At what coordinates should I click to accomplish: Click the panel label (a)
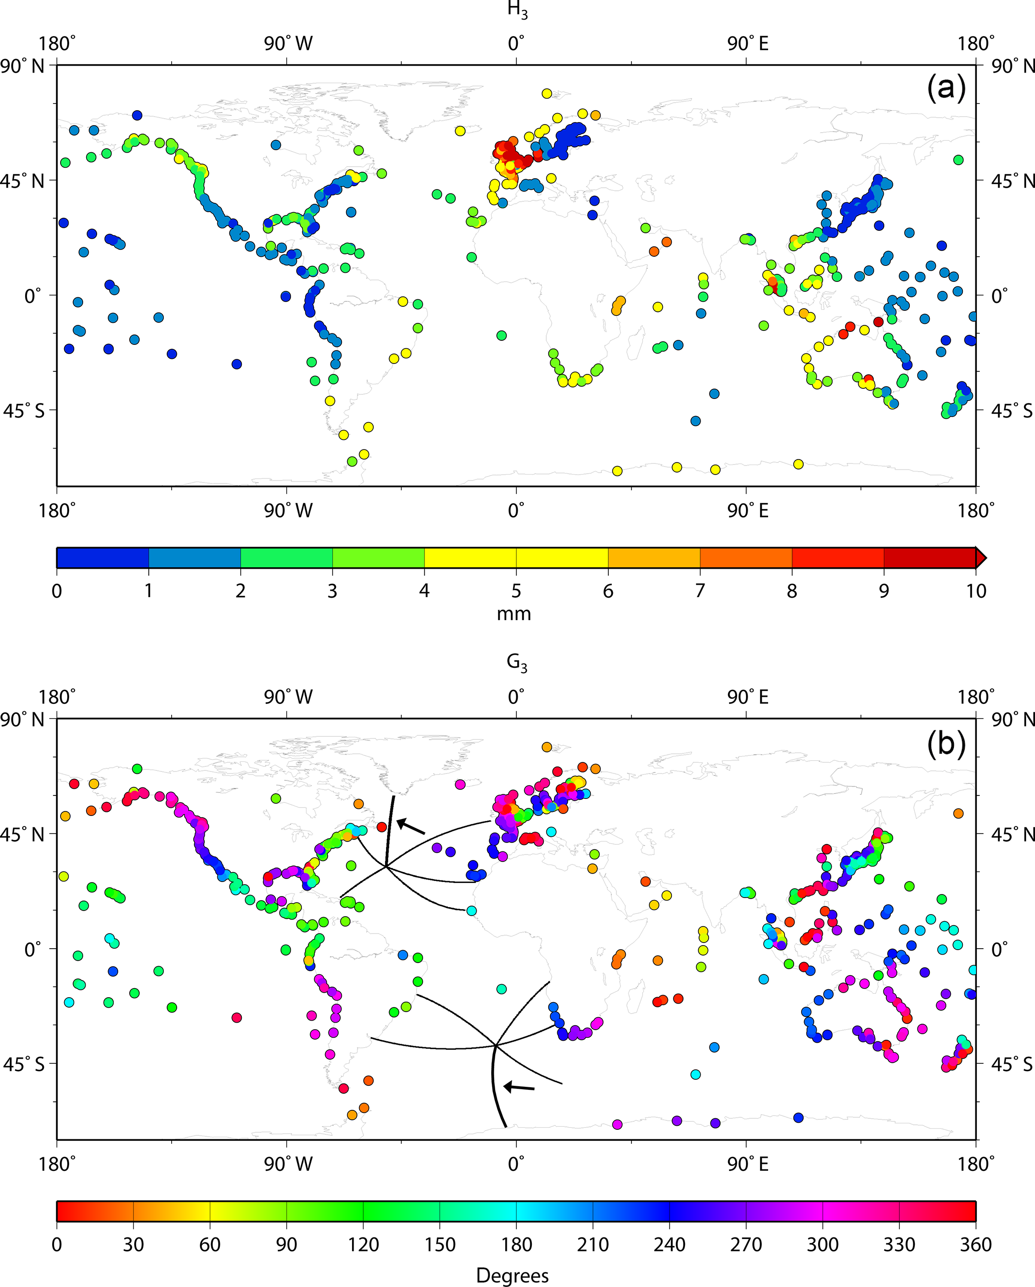946,88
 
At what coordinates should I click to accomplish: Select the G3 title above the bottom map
517,663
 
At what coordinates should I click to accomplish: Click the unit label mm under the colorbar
514,614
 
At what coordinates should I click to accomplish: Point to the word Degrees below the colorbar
512,1275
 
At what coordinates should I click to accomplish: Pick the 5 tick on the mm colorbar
516,591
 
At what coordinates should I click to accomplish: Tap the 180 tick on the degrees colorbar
516,1244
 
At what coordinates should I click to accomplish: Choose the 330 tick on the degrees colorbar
899,1244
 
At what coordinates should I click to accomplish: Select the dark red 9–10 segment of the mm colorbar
929,558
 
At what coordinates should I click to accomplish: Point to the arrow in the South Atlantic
519,1087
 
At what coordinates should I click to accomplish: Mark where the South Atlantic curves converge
496,1045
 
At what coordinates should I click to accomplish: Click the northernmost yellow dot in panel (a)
546,94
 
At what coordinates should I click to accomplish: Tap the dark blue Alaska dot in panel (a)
137,115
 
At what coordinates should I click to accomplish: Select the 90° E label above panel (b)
747,697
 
